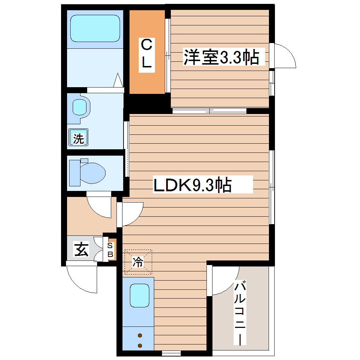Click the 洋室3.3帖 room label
tap(221, 57)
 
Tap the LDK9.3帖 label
tap(192, 185)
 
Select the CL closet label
tap(146, 54)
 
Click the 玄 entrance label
tap(81, 250)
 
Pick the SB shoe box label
tap(110, 250)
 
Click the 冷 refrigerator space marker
tap(138, 262)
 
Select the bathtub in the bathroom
tap(94, 28)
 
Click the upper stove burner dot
tap(140, 335)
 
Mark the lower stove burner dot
tap(140, 345)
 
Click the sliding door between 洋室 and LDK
tap(210, 111)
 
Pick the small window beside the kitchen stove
tap(171, 353)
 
